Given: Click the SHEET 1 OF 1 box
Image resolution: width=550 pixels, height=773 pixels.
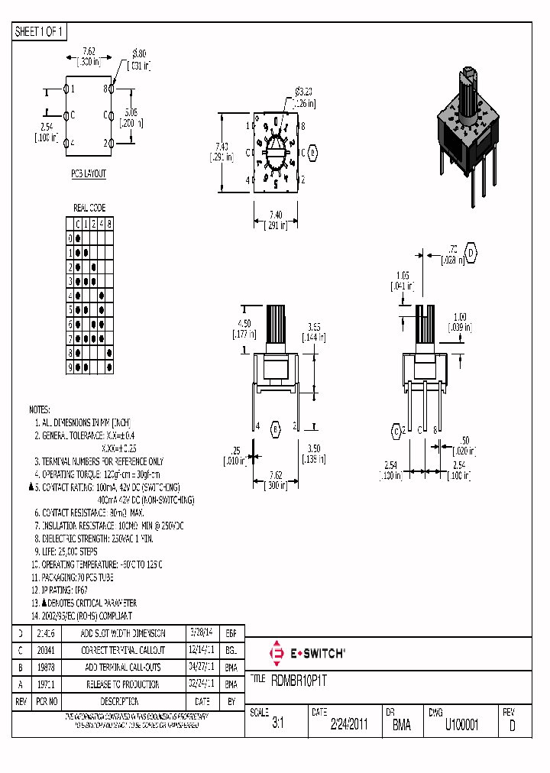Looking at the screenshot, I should point(40,32).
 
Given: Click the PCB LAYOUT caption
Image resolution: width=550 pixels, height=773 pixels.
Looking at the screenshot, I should point(89,174).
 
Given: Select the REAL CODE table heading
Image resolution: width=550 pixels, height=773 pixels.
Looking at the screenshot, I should point(89,208).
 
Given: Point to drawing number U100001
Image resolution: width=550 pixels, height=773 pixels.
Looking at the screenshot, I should point(461,726).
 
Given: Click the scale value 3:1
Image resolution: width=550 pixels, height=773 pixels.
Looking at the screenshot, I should point(277,726).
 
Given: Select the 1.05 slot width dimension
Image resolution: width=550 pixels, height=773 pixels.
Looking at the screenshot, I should point(403,276).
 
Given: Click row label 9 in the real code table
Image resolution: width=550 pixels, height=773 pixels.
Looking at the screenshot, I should point(70,367).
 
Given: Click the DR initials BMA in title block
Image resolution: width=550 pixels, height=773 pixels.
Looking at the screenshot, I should point(401,726).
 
